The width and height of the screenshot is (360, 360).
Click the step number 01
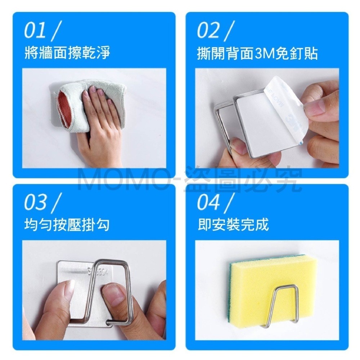[x=35, y=31]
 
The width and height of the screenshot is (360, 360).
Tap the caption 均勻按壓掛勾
[x=67, y=225]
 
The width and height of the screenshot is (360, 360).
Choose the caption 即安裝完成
[x=233, y=225]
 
